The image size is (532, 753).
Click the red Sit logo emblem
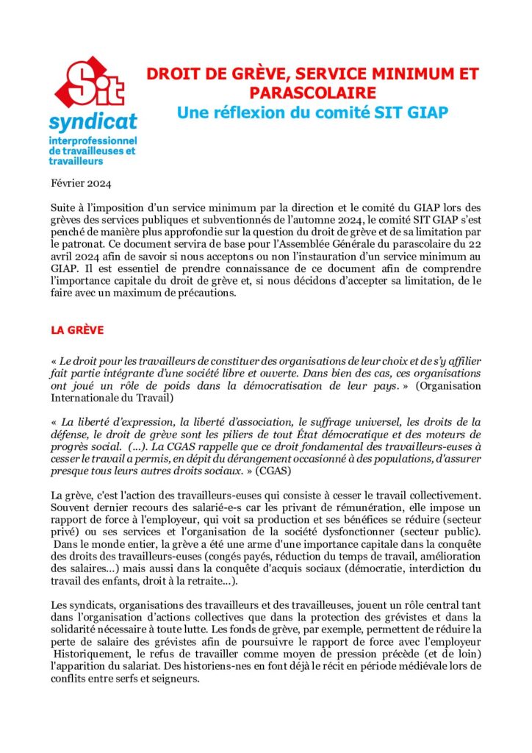click(x=93, y=81)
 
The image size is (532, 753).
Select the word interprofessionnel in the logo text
click(x=93, y=140)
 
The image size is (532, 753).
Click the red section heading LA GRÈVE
click(x=77, y=330)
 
